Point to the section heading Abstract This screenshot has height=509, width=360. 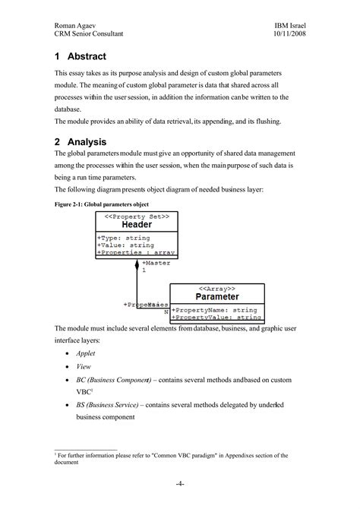coord(86,57)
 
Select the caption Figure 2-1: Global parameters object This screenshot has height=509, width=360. coord(101,205)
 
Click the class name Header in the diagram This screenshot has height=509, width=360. coord(137,225)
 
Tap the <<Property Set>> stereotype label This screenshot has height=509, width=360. coord(137,216)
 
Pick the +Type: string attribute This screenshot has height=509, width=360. coord(123,237)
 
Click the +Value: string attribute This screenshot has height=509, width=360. coord(125,245)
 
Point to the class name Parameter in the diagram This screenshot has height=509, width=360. coord(217,297)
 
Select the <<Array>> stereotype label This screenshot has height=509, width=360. coord(217,288)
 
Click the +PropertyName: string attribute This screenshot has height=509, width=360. coord(214,309)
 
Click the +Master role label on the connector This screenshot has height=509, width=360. coord(156,262)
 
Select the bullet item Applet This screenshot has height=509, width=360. coord(85,353)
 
